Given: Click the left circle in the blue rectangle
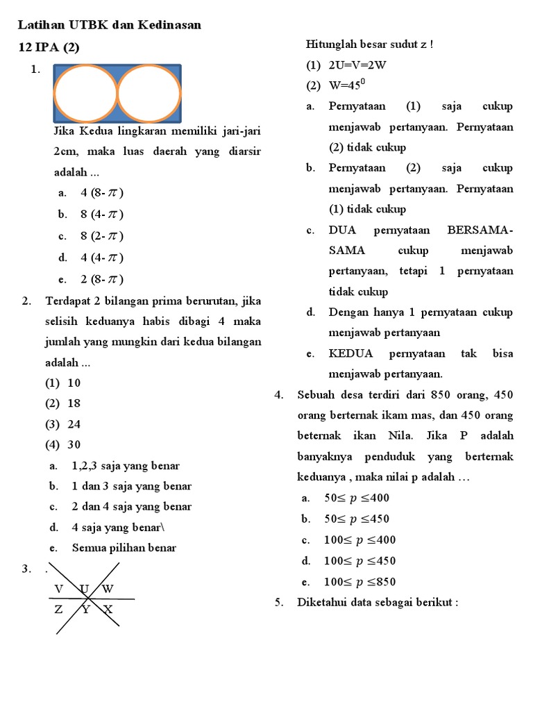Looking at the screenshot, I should pos(85,93).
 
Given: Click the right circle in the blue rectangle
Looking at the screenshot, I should pos(149,93).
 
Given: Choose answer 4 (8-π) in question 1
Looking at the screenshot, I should pos(102,192).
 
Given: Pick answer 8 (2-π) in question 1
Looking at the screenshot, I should pos(102,235).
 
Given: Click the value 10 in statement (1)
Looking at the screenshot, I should pos(74,383).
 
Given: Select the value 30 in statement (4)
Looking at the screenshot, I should pos(74,444).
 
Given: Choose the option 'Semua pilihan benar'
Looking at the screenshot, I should pos(124,548).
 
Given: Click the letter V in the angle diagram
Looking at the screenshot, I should pos(59,589).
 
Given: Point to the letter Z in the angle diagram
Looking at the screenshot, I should pos(59,610).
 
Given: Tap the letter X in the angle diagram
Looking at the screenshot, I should pos(108,610).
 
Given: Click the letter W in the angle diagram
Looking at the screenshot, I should pos(108,589).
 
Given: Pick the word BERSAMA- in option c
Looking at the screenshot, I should pos(480,230).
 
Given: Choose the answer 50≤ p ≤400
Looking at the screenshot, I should pos(357,498).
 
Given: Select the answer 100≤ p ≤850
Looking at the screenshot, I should pos(360,582).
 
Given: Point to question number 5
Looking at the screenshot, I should pos(279,602).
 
